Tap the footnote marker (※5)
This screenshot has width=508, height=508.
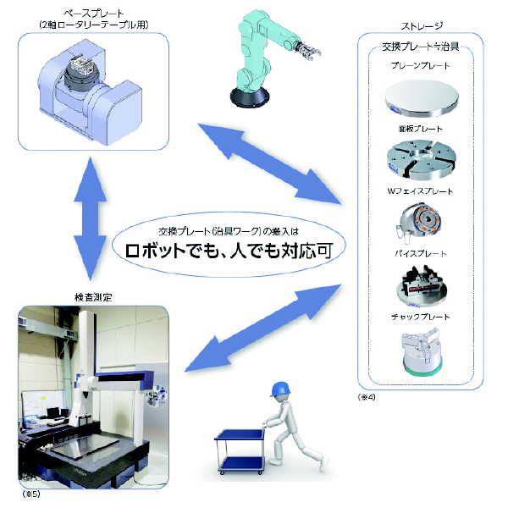(x=30, y=491)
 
